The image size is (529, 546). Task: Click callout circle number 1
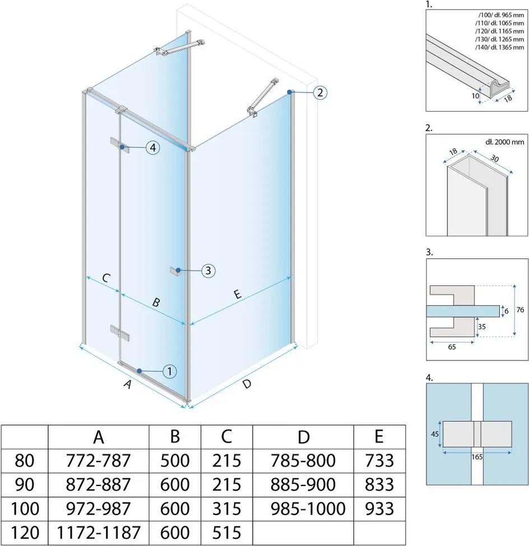pyautogui.click(x=170, y=371)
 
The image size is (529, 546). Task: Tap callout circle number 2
pyautogui.click(x=319, y=92)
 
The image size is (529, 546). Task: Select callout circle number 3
pyautogui.click(x=207, y=271)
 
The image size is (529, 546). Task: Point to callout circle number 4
pyautogui.click(x=152, y=147)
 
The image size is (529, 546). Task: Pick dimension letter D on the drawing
pyautogui.click(x=247, y=385)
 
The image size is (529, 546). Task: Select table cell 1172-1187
pyautogui.click(x=99, y=531)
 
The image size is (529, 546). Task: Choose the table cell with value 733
pyautogui.click(x=379, y=461)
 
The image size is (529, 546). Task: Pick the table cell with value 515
pyautogui.click(x=226, y=531)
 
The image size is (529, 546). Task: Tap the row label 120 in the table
pyautogui.click(x=24, y=531)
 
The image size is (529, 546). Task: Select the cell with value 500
pyautogui.click(x=174, y=461)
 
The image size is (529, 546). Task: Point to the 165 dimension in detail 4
pyautogui.click(x=477, y=456)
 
